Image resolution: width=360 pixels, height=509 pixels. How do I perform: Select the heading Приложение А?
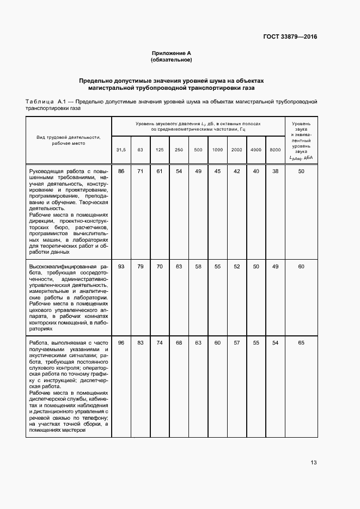[x=172, y=53]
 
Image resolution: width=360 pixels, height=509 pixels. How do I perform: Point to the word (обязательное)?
[x=172, y=59]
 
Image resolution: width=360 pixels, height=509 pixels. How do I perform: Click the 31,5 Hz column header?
[x=121, y=149]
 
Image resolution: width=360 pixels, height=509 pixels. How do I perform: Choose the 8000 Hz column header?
[x=275, y=149]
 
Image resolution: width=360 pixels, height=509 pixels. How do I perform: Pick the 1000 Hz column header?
[x=217, y=149]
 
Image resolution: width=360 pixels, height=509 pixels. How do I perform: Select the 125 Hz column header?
[x=160, y=149]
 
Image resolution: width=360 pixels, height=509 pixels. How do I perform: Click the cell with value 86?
[x=121, y=171]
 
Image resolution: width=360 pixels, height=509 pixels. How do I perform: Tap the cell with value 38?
[x=275, y=171]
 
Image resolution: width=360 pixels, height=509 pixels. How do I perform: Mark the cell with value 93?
[x=121, y=266]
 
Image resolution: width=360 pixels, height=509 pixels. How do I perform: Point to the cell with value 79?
[x=141, y=266]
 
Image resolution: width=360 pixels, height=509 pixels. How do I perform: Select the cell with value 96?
[x=121, y=342]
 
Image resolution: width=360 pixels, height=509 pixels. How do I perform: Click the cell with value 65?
[x=301, y=342]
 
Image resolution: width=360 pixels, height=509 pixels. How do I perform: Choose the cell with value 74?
[x=160, y=342]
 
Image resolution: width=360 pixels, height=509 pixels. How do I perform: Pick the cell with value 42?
[x=236, y=171]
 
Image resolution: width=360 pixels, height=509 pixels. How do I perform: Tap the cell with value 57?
[x=236, y=342]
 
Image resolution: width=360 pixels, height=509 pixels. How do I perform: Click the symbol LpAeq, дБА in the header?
[x=301, y=158]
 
